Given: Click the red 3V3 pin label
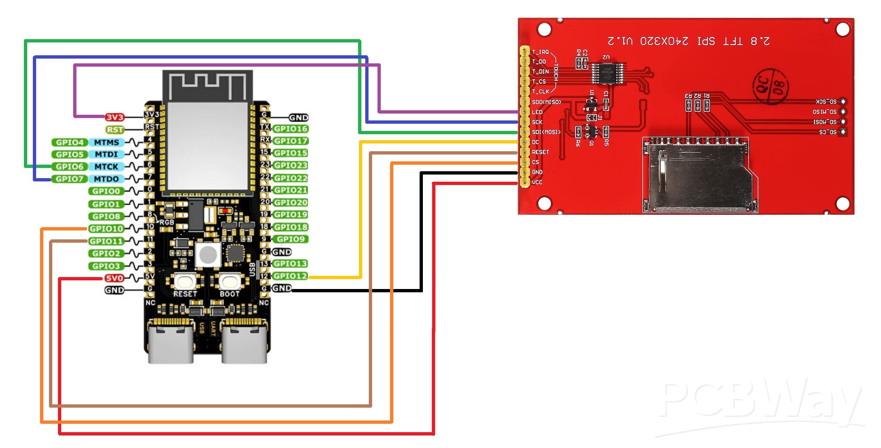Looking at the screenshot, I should click(114, 117).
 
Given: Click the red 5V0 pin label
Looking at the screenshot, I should click(114, 278).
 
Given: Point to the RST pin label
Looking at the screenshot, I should click(115, 130).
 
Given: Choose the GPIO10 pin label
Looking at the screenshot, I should click(106, 229).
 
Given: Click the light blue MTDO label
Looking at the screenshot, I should click(106, 179).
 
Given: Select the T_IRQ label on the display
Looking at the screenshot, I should click(540, 52).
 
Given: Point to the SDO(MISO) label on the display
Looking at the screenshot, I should click(546, 102).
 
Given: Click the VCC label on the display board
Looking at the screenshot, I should click(537, 182).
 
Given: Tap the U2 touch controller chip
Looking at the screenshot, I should click(608, 73).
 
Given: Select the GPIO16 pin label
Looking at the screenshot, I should click(291, 129).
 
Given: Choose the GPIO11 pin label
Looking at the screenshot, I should click(106, 241).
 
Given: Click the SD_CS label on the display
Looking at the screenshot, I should click(828, 132).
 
